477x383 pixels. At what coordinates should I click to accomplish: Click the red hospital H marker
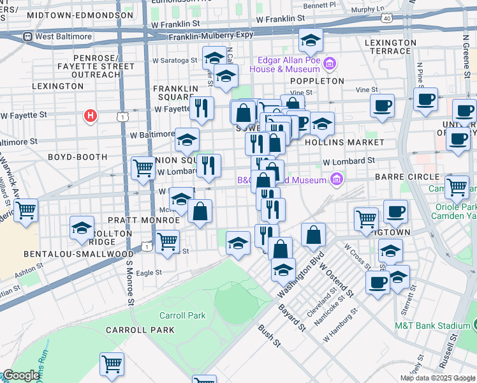(x=91, y=116)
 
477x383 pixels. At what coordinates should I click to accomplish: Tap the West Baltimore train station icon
(x=27, y=36)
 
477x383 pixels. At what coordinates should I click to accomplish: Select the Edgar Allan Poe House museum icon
(x=330, y=63)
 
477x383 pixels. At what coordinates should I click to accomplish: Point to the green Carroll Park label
(x=182, y=315)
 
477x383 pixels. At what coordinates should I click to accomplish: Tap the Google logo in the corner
(x=21, y=375)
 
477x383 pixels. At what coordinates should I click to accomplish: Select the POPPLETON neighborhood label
(x=317, y=81)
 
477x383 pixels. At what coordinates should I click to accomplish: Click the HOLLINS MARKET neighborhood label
(x=345, y=142)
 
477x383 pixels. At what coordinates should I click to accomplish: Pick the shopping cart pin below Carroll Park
(x=112, y=364)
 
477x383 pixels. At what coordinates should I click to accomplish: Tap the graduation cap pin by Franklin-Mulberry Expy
(x=311, y=41)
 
